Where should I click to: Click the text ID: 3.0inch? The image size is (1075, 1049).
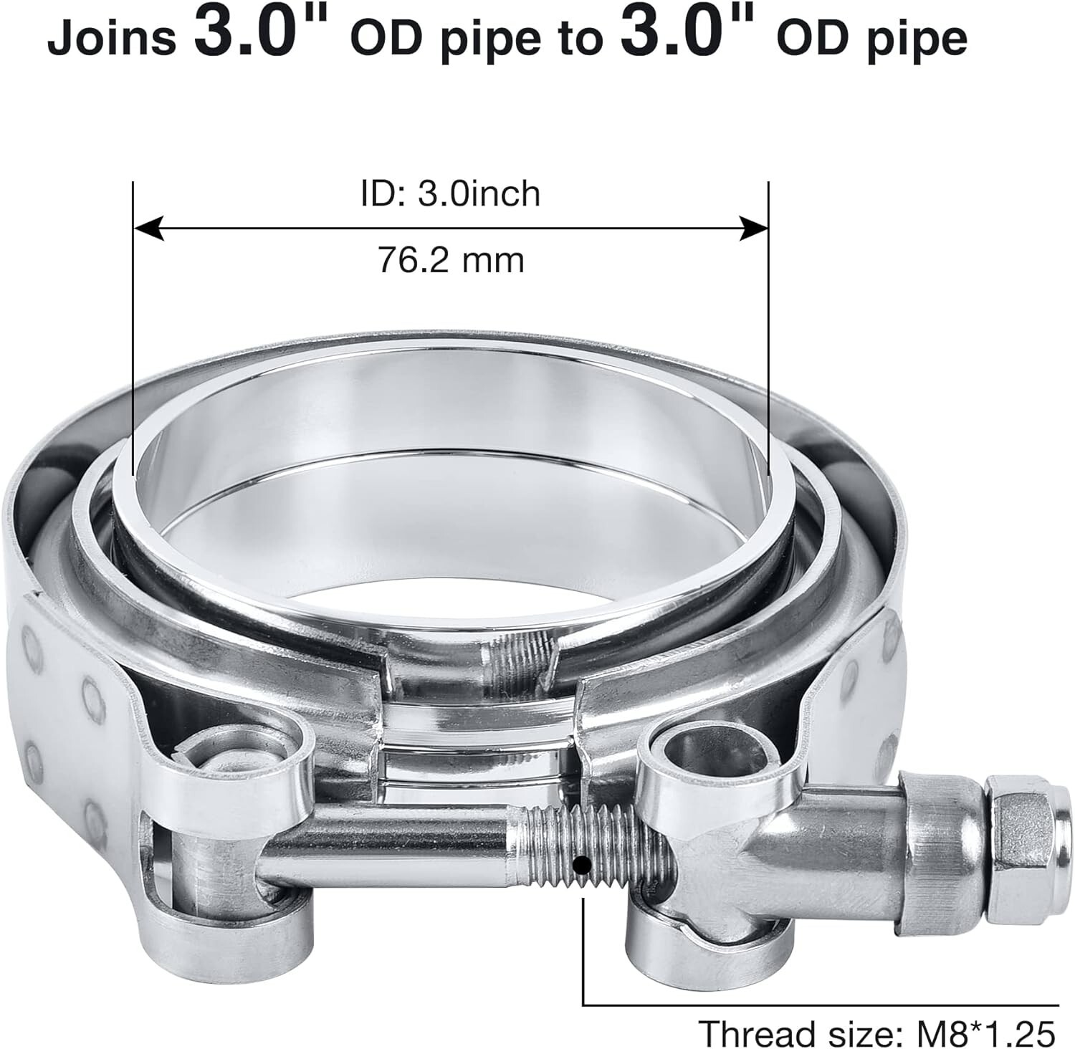coord(450,194)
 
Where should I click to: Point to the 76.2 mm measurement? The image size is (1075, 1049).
coord(451,260)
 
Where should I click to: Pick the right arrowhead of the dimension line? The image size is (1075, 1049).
coord(754,229)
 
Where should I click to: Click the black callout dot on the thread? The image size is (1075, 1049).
coord(584,866)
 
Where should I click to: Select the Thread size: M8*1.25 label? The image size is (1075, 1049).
coord(876,1033)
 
